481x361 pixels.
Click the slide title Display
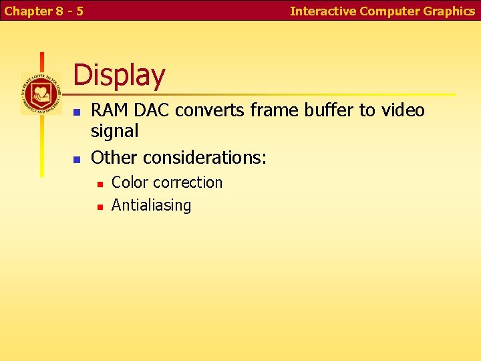click(119, 76)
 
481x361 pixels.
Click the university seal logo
click(41, 93)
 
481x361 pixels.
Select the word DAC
click(148, 110)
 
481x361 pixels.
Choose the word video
click(403, 110)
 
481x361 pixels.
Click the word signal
click(114, 131)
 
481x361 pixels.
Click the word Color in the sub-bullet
click(129, 183)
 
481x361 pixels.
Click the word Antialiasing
click(151, 205)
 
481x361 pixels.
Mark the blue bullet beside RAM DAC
click(77, 112)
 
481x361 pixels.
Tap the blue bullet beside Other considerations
click(77, 159)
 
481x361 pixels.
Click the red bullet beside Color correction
click(99, 184)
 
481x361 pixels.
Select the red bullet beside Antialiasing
click(99, 207)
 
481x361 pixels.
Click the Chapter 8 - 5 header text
click(44, 11)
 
